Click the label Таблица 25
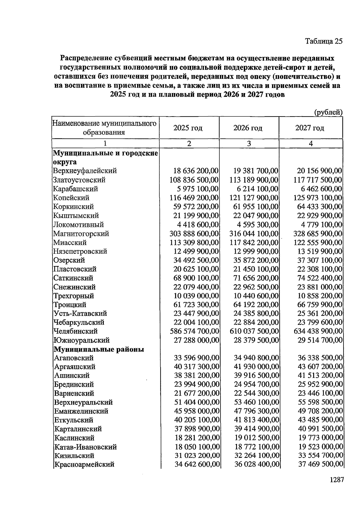coord(323,41)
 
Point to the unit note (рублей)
coord(328,113)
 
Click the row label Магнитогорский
coord(81,234)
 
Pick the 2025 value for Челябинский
coord(194,331)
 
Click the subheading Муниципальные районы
coord(99,349)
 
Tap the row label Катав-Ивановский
coord(85,447)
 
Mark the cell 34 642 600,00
coord(197,464)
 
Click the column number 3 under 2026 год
coord(249,144)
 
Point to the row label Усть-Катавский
coord(80,313)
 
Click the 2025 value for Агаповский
coord(196,358)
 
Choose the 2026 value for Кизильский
coord(257,456)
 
